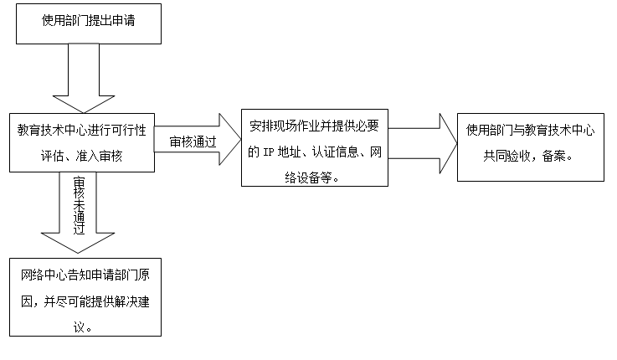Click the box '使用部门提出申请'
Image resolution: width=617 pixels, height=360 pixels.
point(89,24)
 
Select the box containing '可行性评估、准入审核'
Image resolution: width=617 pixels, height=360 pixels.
point(82,143)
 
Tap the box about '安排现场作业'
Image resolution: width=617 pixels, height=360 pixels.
point(315,147)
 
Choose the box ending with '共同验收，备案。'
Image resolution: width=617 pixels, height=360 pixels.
point(531,147)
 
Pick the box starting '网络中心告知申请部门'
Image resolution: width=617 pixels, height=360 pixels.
point(85,297)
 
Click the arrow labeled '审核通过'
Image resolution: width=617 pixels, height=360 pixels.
point(197,139)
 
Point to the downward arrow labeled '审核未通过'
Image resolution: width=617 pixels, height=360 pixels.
point(78,213)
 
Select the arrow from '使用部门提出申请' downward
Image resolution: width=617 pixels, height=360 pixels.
point(84,79)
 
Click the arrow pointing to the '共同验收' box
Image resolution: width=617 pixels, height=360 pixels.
point(423,144)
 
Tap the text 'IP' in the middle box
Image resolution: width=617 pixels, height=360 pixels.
point(269,152)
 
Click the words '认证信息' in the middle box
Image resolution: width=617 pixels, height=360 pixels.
point(335,152)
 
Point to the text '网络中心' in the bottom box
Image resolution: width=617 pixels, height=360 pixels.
point(44,275)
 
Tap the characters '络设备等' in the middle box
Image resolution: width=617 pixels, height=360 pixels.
point(308,177)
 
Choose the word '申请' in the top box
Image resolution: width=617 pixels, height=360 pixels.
point(123,20)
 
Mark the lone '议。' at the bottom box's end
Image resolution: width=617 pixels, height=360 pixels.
point(83,327)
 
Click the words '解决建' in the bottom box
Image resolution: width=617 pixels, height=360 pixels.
point(131,301)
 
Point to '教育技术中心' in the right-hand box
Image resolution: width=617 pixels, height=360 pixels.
point(559,130)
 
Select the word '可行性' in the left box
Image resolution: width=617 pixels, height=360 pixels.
point(129,130)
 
